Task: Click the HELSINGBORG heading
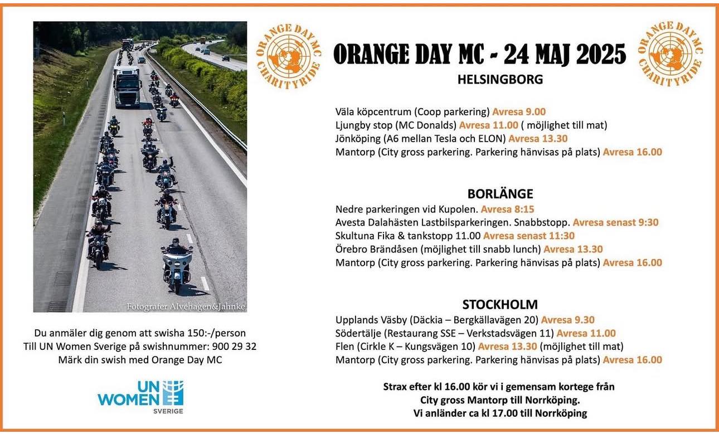500,79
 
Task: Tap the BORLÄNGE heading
500,194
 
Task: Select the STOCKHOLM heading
500,305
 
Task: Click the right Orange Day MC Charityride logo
670,54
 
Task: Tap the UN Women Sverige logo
140,397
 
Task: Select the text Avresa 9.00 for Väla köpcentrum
519,111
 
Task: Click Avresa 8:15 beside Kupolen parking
507,209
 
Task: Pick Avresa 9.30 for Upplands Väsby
567,320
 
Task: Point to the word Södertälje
358,333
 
